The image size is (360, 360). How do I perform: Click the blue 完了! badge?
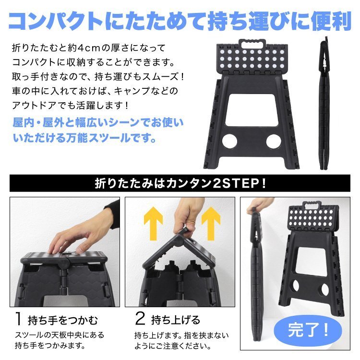coord(308,331)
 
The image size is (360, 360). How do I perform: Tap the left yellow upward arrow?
coord(153,222)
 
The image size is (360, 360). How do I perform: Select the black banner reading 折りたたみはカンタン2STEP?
coord(180,183)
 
